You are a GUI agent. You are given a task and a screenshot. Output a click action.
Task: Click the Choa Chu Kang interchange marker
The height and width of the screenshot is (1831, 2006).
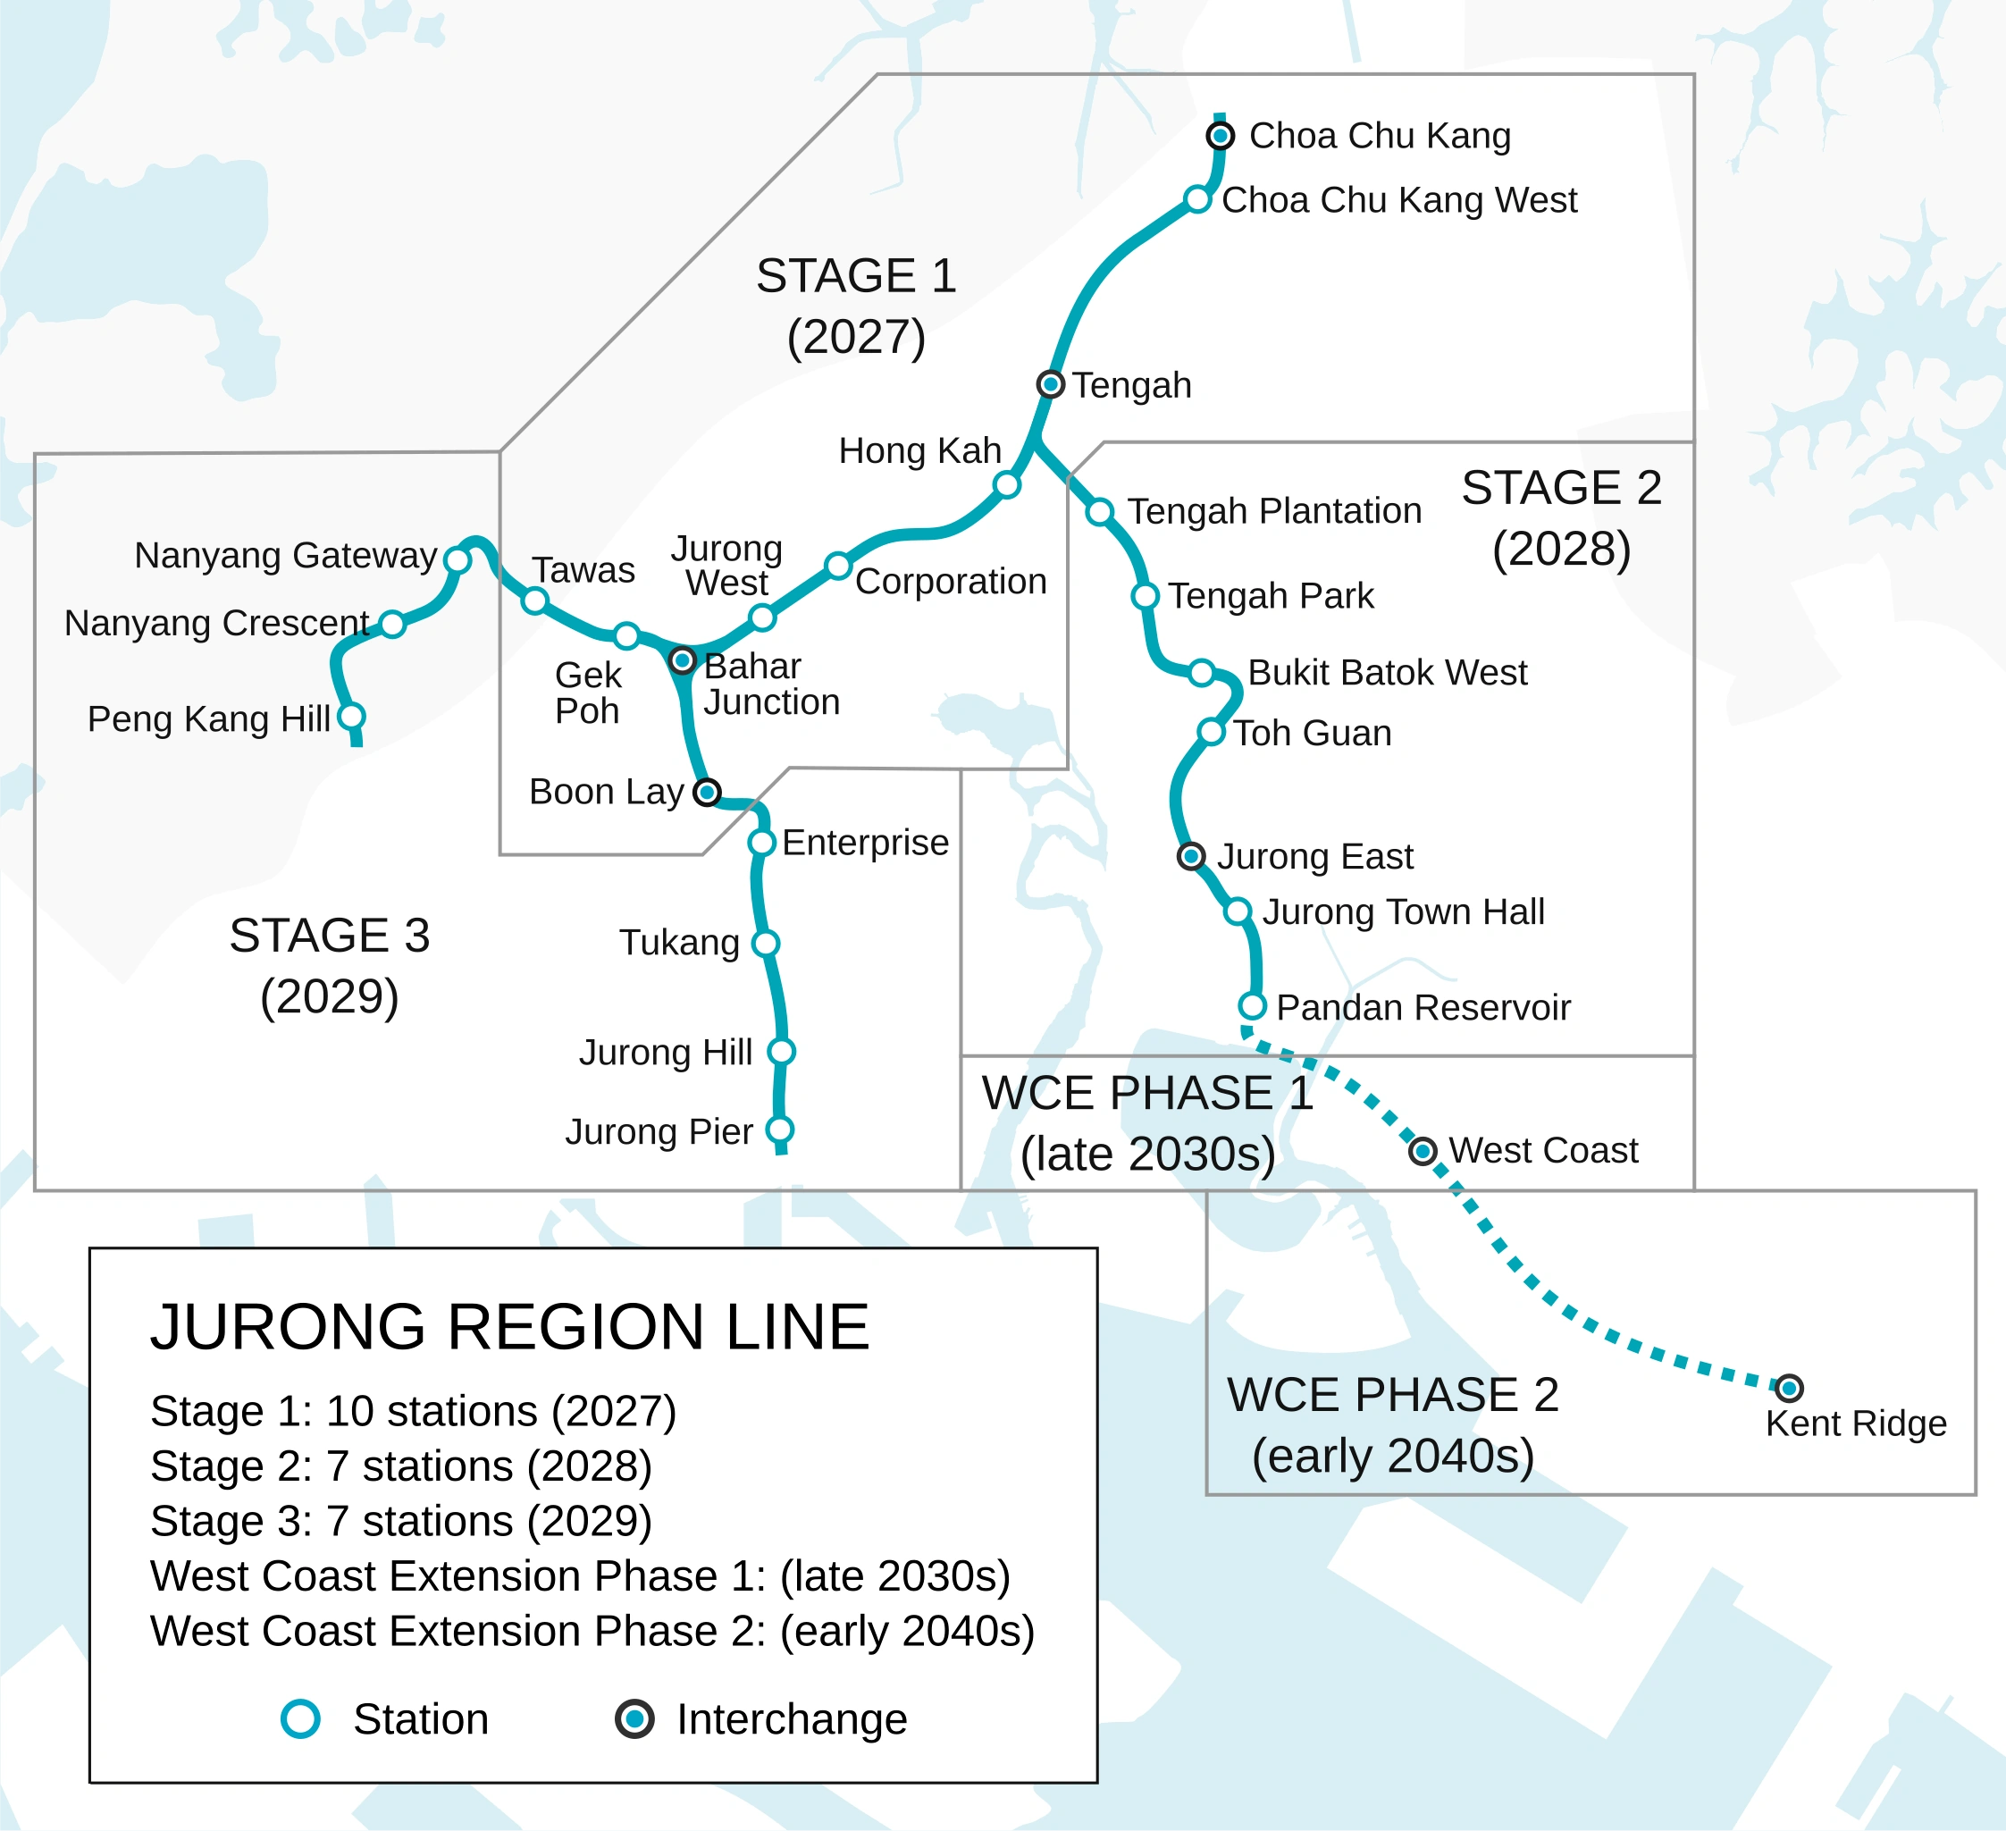click(x=1220, y=135)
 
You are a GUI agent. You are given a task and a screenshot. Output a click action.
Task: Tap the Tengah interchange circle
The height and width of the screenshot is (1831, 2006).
click(x=1051, y=384)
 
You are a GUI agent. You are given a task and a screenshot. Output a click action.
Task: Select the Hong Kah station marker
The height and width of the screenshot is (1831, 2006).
click(x=1007, y=484)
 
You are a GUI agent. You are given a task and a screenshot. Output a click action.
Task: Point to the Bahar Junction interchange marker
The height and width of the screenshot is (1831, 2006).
click(x=683, y=659)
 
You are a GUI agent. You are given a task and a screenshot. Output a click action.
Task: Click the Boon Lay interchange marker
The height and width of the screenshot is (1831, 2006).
click(x=707, y=792)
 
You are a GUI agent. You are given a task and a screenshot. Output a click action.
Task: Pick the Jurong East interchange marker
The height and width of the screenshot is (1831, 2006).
click(x=1191, y=856)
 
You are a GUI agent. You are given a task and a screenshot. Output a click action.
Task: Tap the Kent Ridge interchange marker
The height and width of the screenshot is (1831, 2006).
click(x=1789, y=1387)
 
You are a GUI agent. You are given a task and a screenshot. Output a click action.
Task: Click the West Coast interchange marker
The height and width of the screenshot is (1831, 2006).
click(x=1423, y=1151)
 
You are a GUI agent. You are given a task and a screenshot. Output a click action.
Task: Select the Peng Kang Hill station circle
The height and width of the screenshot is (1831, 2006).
click(x=351, y=717)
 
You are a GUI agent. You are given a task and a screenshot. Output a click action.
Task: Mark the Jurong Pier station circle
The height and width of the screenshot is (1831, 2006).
click(x=780, y=1130)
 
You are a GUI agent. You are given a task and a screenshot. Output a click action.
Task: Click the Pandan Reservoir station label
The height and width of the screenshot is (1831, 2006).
click(x=1423, y=1007)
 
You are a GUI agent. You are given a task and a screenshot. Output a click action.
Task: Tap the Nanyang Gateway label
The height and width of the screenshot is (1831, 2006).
click(x=286, y=555)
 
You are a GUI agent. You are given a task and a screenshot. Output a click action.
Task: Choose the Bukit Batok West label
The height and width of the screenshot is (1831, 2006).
click(x=1387, y=673)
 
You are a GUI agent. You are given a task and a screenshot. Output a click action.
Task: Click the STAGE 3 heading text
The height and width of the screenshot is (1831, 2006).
click(x=330, y=936)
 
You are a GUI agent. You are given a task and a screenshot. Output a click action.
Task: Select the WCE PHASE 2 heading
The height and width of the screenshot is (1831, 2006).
click(x=1392, y=1395)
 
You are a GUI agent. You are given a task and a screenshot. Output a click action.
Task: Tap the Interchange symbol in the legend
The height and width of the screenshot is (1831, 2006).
click(x=634, y=1718)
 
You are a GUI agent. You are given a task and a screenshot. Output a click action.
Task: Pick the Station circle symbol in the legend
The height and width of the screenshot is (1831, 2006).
click(x=300, y=1718)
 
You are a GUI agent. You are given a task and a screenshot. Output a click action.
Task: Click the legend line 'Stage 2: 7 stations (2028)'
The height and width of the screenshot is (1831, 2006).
click(x=401, y=1466)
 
